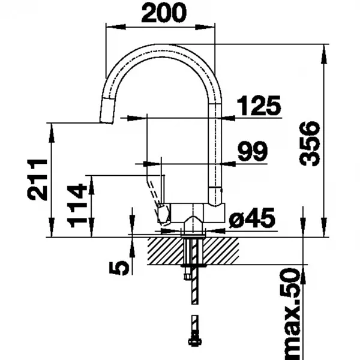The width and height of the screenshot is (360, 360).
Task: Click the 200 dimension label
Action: [164, 13]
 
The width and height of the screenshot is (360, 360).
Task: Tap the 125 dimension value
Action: [259, 106]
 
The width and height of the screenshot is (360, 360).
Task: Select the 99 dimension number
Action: [253, 151]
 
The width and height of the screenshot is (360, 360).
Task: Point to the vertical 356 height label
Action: [310, 143]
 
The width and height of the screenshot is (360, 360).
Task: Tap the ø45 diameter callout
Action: [252, 218]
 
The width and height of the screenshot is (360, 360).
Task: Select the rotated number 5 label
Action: [119, 268]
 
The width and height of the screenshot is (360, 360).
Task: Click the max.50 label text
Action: [290, 315]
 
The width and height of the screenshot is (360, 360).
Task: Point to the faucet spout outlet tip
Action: [106, 122]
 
